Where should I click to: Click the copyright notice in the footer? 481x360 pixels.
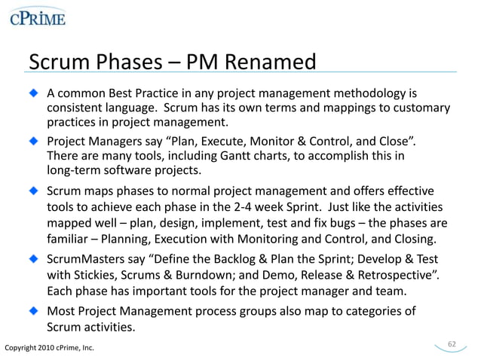(50, 348)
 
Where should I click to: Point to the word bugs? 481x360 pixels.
(341, 224)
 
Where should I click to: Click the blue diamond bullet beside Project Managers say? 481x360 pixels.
(33, 140)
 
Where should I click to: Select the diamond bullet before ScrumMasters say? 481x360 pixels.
(33, 258)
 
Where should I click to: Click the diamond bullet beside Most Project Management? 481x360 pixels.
(33, 310)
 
